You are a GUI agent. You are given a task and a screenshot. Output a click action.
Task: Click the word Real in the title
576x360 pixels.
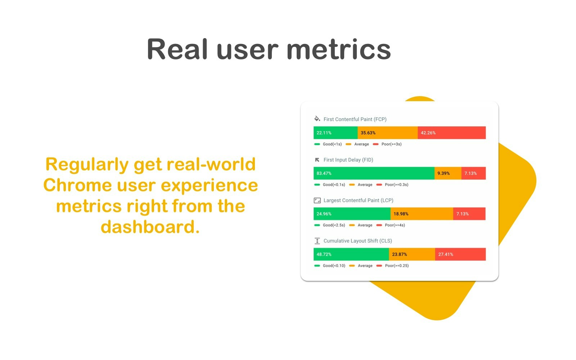pyautogui.click(x=177, y=49)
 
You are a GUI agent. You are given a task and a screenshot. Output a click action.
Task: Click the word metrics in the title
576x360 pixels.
pyautogui.click(x=339, y=49)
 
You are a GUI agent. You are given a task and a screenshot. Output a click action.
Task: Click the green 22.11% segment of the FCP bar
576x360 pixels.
pyautogui.click(x=336, y=133)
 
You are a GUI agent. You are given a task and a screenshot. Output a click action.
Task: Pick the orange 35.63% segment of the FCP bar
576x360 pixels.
pyautogui.click(x=388, y=133)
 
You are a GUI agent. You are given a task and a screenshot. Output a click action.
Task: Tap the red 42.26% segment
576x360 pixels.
pyautogui.click(x=452, y=133)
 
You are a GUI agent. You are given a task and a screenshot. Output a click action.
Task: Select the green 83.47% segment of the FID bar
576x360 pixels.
pyautogui.click(x=374, y=173)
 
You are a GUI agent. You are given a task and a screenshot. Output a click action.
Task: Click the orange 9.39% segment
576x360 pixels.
pyautogui.click(x=448, y=173)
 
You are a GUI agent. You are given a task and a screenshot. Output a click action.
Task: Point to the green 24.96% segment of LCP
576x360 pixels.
pyautogui.click(x=352, y=214)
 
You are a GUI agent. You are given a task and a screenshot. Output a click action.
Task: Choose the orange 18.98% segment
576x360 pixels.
pyautogui.click(x=422, y=214)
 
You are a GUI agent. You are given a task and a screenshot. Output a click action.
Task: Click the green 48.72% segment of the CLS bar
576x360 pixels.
pyautogui.click(x=351, y=254)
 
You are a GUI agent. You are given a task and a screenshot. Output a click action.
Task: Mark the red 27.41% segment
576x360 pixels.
pyautogui.click(x=460, y=254)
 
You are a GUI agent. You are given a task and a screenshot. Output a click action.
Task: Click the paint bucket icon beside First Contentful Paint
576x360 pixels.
pyautogui.click(x=317, y=119)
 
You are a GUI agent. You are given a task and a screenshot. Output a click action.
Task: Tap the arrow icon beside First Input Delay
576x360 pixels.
pyautogui.click(x=317, y=160)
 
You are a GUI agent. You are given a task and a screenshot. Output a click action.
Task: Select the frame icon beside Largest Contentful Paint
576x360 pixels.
pyautogui.click(x=317, y=201)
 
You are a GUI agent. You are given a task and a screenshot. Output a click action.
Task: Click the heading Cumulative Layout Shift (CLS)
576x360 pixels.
pyautogui.click(x=358, y=241)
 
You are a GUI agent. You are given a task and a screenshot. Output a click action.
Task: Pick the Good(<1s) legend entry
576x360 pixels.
pyautogui.click(x=328, y=144)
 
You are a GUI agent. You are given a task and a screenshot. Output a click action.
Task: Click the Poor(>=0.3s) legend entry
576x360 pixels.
pyautogui.click(x=392, y=185)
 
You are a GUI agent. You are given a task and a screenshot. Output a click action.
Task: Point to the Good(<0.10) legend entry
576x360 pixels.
pyautogui.click(x=330, y=266)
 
